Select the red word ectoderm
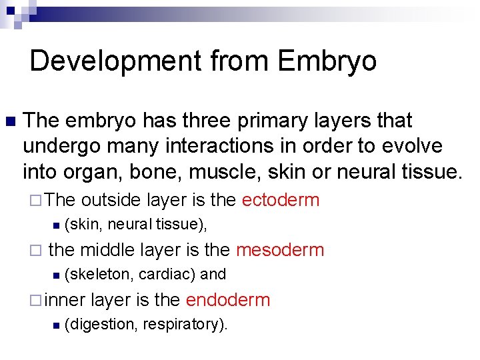(x=281, y=200)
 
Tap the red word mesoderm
(x=280, y=250)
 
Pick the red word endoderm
(x=228, y=300)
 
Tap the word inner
(x=66, y=300)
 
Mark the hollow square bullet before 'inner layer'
(x=35, y=300)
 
